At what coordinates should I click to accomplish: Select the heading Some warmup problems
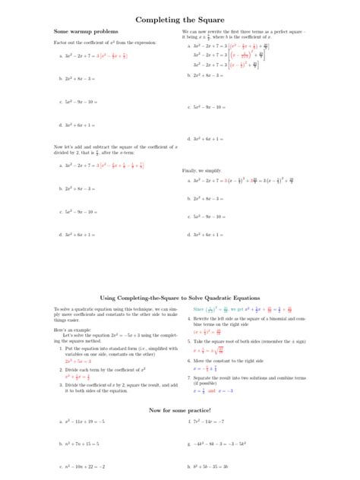click(x=86, y=32)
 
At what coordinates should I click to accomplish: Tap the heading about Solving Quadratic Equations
click(x=180, y=298)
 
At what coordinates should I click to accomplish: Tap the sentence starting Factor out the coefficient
click(x=106, y=43)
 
